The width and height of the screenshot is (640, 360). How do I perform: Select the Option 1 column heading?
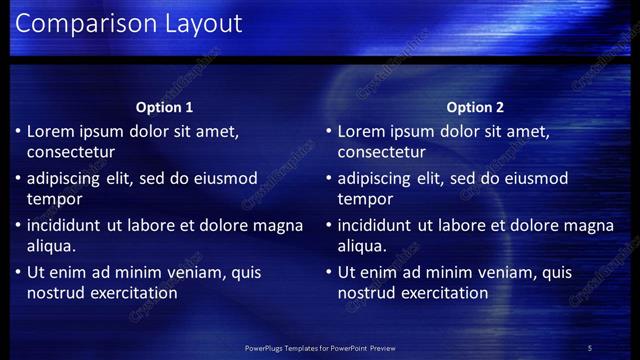coord(164,107)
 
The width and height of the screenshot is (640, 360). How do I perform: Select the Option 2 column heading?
coord(475,107)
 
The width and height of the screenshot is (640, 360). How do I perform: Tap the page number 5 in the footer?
coord(590,347)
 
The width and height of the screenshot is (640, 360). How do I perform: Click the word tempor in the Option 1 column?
coord(52,200)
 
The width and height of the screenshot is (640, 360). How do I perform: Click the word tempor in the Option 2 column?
coord(363,200)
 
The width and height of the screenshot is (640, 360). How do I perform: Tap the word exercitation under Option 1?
coord(132,293)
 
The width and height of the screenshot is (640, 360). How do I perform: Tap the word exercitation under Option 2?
coord(443,293)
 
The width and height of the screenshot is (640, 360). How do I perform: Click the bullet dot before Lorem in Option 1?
coord(17,131)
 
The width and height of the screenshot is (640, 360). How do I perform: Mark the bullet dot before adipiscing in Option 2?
coord(328,178)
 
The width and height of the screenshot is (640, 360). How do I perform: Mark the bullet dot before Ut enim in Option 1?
coord(17,272)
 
